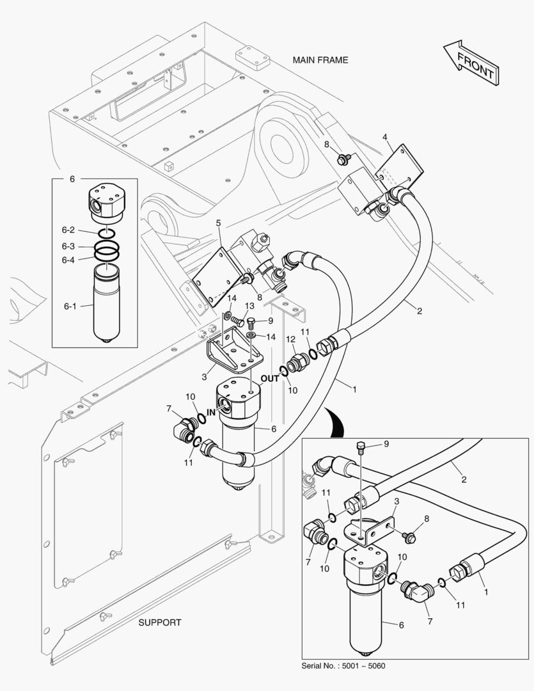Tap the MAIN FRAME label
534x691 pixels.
(x=320, y=60)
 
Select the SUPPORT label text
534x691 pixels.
(x=160, y=622)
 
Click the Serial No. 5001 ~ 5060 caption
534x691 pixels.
(x=343, y=665)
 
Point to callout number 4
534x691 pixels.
(x=385, y=137)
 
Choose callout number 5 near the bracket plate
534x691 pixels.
(x=218, y=223)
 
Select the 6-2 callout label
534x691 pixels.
(x=68, y=230)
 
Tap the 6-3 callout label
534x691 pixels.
(x=68, y=246)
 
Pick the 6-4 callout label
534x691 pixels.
(x=68, y=260)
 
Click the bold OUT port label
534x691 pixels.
(x=270, y=378)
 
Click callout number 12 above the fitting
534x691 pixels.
(x=290, y=338)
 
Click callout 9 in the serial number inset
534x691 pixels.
(x=386, y=443)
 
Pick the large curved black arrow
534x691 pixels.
(x=333, y=422)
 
